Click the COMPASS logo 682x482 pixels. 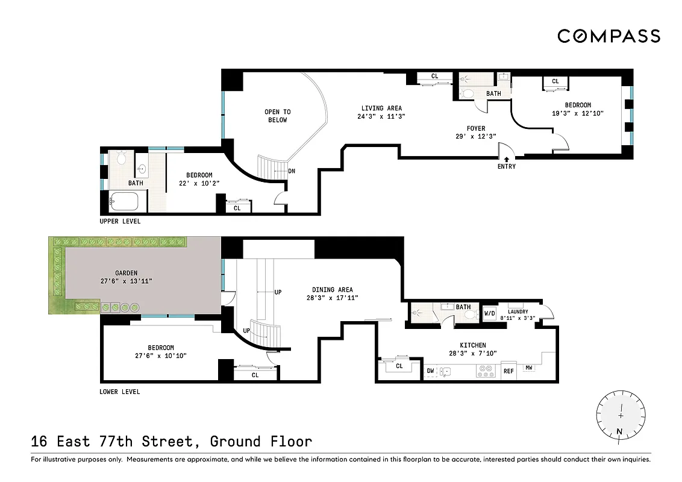608,36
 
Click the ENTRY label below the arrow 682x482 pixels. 507,166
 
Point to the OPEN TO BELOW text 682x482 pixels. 278,116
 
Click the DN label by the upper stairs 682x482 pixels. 292,171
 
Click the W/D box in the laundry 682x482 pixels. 489,313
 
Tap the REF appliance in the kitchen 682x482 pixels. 508,371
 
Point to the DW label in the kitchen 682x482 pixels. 430,371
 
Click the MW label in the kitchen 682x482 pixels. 528,368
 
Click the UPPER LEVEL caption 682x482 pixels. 120,221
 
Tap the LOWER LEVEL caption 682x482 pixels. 119,392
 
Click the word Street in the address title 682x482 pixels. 170,442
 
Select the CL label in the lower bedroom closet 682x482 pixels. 255,375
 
